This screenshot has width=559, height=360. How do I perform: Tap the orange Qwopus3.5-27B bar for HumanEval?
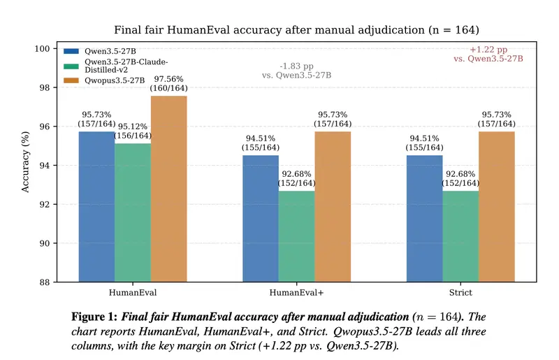point(169,189)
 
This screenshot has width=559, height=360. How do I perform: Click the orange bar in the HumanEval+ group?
point(333,207)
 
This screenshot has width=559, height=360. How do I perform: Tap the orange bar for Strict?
point(497,207)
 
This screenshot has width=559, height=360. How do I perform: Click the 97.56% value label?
point(169,79)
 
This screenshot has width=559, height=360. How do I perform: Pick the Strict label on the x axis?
point(460,292)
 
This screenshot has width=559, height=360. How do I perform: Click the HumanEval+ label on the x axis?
point(296,292)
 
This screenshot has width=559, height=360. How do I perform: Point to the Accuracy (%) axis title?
point(26,165)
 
